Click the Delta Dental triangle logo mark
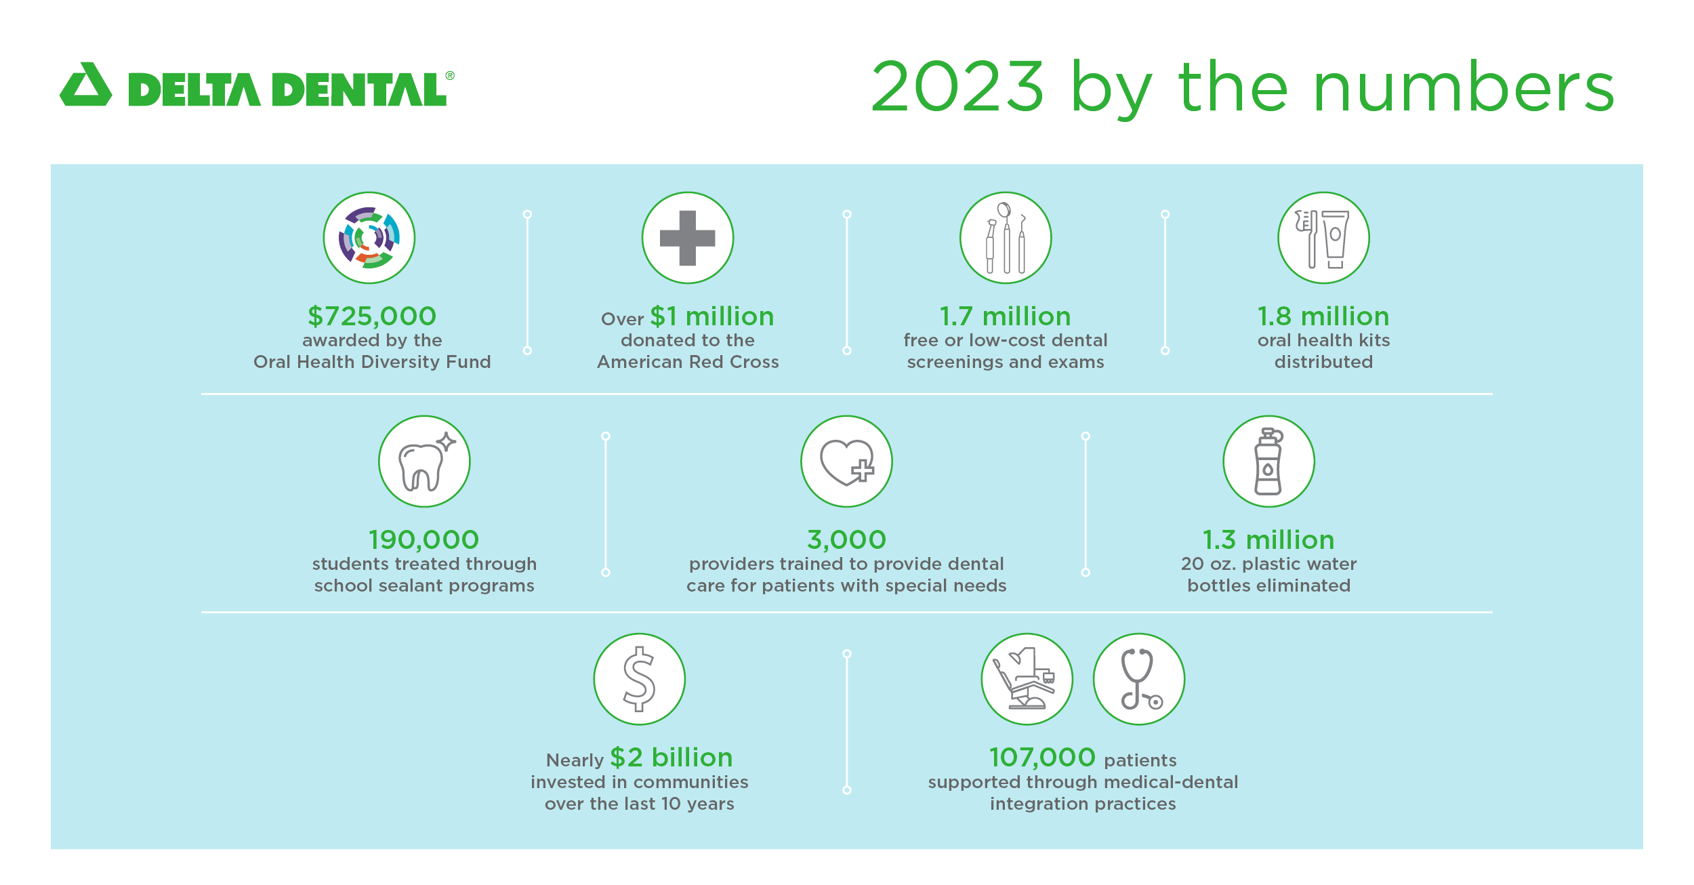(86, 85)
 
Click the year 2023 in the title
(957, 86)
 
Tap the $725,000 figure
(372, 316)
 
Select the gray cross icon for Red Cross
(688, 238)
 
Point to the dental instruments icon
(1006, 238)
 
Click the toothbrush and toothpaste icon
(1323, 238)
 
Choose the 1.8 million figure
(1323, 316)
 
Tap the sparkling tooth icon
(424, 461)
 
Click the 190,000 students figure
(424, 539)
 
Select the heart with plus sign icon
(847, 461)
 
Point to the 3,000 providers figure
(847, 539)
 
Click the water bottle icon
(1268, 461)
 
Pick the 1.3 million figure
(1268, 539)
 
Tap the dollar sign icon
(640, 679)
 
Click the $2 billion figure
(672, 757)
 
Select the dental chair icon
(1027, 679)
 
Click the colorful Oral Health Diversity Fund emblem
(369, 238)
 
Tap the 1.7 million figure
(1006, 316)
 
